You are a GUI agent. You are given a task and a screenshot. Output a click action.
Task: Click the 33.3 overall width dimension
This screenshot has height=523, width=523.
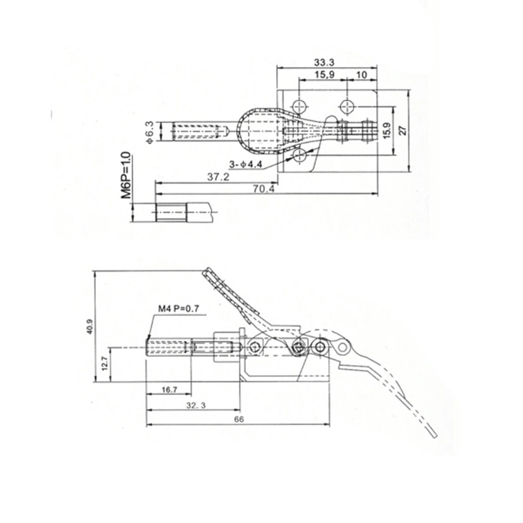[324, 62]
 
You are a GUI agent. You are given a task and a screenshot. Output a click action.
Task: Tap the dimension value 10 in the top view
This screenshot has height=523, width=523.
[361, 74]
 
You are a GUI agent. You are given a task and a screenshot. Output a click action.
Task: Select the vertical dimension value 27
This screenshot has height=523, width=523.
[402, 131]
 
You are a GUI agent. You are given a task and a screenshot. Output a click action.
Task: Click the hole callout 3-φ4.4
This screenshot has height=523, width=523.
[245, 165]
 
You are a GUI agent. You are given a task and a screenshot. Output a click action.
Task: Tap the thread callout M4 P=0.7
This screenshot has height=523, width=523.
[179, 309]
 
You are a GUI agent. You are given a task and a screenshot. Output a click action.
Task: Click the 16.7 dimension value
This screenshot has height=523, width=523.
[169, 390]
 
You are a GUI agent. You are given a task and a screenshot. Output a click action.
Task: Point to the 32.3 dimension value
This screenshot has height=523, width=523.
[194, 404]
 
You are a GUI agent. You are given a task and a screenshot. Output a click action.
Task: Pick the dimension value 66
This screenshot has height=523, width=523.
[238, 419]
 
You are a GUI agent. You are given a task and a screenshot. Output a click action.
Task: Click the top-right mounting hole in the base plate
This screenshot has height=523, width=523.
[347, 107]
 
